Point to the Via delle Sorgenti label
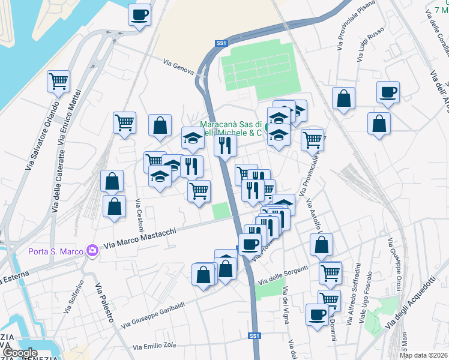pos(283,276)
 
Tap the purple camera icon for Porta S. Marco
pos(92,249)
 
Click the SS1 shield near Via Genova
pos(221,43)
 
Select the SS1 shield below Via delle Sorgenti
pos(255,336)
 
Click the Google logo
pos(20,353)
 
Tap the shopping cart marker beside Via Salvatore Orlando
pos(58,81)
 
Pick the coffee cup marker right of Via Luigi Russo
pos(388,92)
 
